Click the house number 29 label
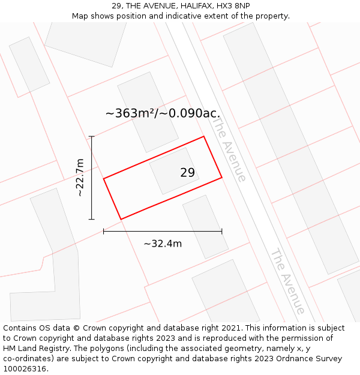point(187,173)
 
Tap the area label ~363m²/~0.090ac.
point(163,113)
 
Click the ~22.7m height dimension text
point(80,178)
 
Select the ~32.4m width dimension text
point(163,244)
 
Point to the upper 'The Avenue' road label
point(229,149)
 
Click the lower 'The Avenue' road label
point(287,281)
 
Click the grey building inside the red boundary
point(174,170)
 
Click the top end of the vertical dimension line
point(91,137)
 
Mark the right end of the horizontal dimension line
point(222,230)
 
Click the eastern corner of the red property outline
point(222,177)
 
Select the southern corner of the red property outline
point(121,219)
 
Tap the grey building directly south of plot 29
point(205,226)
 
